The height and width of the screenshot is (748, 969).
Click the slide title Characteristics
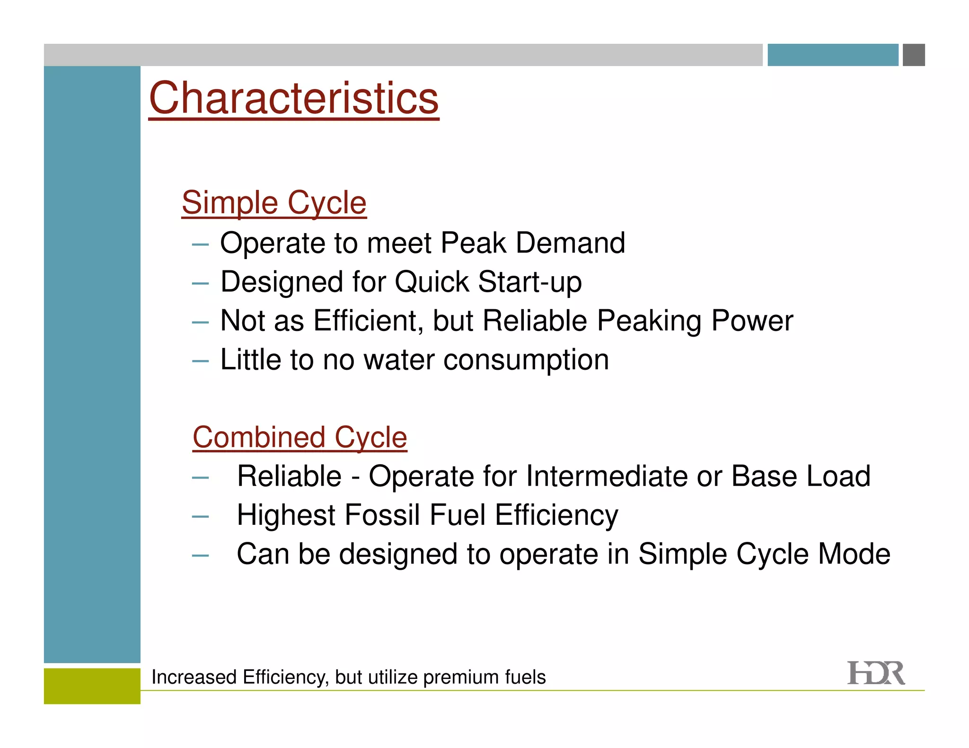pyautogui.click(x=293, y=98)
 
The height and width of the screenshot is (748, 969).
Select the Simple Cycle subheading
pyautogui.click(x=274, y=202)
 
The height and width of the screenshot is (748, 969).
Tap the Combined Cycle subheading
pyautogui.click(x=300, y=437)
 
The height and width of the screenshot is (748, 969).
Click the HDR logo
pyautogui.click(x=875, y=673)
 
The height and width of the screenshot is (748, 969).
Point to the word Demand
pyautogui.click(x=570, y=243)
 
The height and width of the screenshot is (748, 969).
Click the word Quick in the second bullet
pyautogui.click(x=432, y=282)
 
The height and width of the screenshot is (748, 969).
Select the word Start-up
pyautogui.click(x=530, y=282)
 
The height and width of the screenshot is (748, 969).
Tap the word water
pyautogui.click(x=399, y=360)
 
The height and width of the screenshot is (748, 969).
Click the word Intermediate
pyautogui.click(x=607, y=476)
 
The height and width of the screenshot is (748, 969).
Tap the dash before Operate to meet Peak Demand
pyautogui.click(x=200, y=244)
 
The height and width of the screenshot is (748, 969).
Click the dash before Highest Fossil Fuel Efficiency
pyautogui.click(x=200, y=516)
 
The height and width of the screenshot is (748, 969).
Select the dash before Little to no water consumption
pyautogui.click(x=200, y=361)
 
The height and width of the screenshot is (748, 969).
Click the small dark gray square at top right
pyautogui.click(x=914, y=55)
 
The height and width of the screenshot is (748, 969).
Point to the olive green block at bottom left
pyautogui.click(x=92, y=686)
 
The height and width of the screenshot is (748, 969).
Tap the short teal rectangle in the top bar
pyautogui.click(x=832, y=55)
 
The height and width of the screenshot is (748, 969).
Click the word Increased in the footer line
pyautogui.click(x=194, y=678)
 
